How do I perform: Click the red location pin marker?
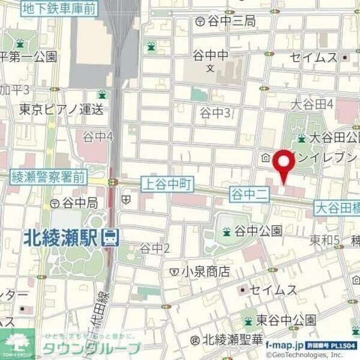point(283,164)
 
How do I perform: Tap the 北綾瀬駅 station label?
point(62,238)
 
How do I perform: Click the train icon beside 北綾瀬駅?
point(110,238)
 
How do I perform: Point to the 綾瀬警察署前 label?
point(49,177)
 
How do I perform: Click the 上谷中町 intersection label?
point(165,184)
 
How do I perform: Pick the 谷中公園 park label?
point(257,230)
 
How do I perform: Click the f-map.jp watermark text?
point(286,345)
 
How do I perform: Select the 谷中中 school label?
point(210,56)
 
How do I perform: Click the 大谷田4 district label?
point(311,104)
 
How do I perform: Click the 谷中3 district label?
point(215,112)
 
